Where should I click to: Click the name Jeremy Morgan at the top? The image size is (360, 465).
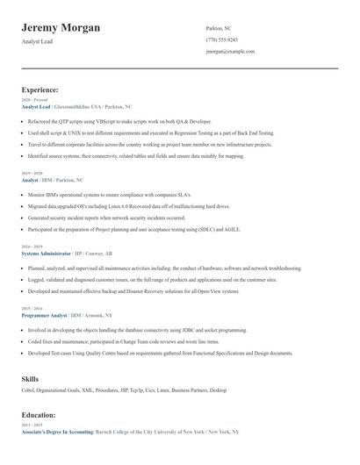(x=61, y=27)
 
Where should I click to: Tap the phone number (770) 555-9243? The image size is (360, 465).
(x=221, y=39)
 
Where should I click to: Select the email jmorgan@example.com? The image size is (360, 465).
(x=230, y=52)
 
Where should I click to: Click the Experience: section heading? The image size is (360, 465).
(x=40, y=89)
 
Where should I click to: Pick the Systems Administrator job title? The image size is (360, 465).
(x=48, y=253)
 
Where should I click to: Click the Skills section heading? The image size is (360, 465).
(x=30, y=378)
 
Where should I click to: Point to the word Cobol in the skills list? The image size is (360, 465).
(x=27, y=390)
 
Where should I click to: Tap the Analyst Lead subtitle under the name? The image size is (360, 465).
(x=37, y=41)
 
